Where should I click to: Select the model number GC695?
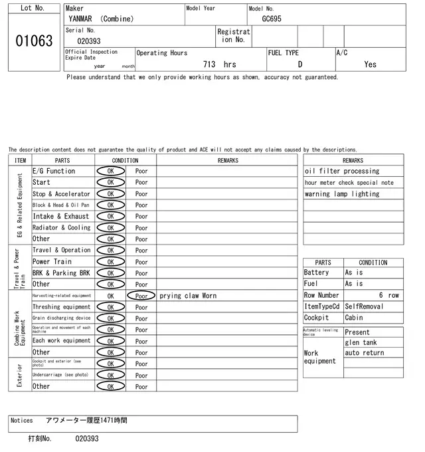[x=272, y=19]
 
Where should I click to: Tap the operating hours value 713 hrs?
[x=219, y=64]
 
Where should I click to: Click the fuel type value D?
[x=299, y=64]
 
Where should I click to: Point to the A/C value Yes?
[x=370, y=64]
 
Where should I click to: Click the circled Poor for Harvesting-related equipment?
[x=141, y=296]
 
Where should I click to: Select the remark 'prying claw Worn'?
[x=188, y=296]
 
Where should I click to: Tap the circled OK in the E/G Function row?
[x=110, y=171]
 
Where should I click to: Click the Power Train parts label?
[x=52, y=261]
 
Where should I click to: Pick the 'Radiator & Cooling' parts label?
[x=62, y=227]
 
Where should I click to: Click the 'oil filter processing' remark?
[x=342, y=171]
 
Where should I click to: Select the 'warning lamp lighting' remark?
[x=342, y=194]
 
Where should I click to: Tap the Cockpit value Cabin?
[x=354, y=318]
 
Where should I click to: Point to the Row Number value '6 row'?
[x=389, y=295]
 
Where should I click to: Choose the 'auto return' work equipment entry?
[x=365, y=352]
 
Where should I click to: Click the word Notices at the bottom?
[x=22, y=420]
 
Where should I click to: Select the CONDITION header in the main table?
[x=125, y=160]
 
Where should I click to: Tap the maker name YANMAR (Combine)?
[x=101, y=19]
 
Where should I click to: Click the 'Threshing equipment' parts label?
[x=62, y=307]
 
